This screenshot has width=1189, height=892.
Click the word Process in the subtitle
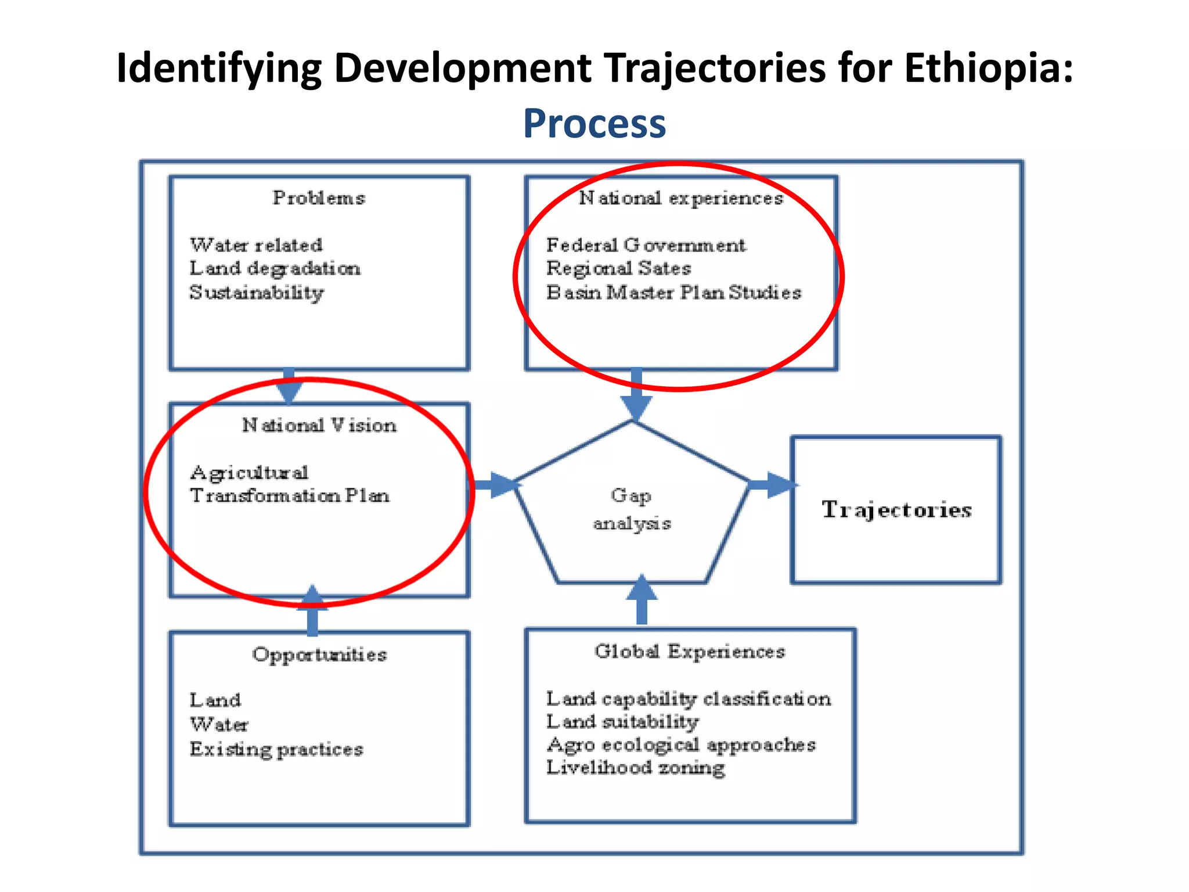pyautogui.click(x=594, y=124)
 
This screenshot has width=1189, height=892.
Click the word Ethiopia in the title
pyautogui.click(x=988, y=68)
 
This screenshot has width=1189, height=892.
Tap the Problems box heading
pyautogui.click(x=319, y=198)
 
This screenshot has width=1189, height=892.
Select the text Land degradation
pyautogui.click(x=275, y=268)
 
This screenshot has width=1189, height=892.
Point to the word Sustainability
pyautogui.click(x=256, y=293)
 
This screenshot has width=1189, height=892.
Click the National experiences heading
pyautogui.click(x=681, y=198)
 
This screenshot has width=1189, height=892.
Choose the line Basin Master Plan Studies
pyautogui.click(x=673, y=292)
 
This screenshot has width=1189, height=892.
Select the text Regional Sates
pyautogui.click(x=618, y=268)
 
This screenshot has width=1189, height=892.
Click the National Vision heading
pyautogui.click(x=319, y=425)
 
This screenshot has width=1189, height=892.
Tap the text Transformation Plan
pyautogui.click(x=289, y=495)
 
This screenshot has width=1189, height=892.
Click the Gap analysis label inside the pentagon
pyautogui.click(x=632, y=509)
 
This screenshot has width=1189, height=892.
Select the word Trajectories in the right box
pyautogui.click(x=896, y=509)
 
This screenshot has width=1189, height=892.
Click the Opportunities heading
pyautogui.click(x=319, y=654)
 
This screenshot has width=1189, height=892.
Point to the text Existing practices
pyautogui.click(x=276, y=749)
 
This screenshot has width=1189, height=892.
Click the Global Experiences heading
pyautogui.click(x=689, y=652)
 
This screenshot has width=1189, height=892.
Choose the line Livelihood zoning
pyautogui.click(x=635, y=768)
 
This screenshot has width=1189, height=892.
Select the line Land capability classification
pyautogui.click(x=688, y=699)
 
